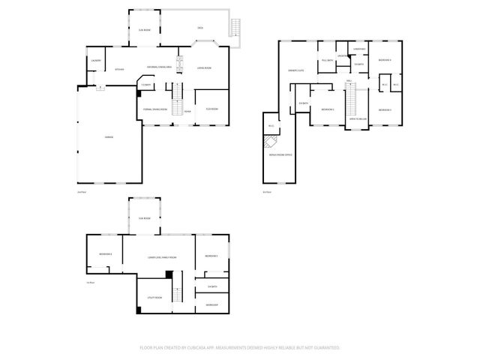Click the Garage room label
pos(98,136)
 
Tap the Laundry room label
pos(96,60)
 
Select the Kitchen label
pos(118,70)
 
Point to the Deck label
pos(200,28)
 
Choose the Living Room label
pos(202,69)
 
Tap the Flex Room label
pos(212,109)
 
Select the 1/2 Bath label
pos(146,85)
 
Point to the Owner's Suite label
pos(295,70)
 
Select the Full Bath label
pos(327,60)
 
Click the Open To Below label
pos(357,118)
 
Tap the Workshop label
pos(211,304)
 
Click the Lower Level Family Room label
pos(161,257)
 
